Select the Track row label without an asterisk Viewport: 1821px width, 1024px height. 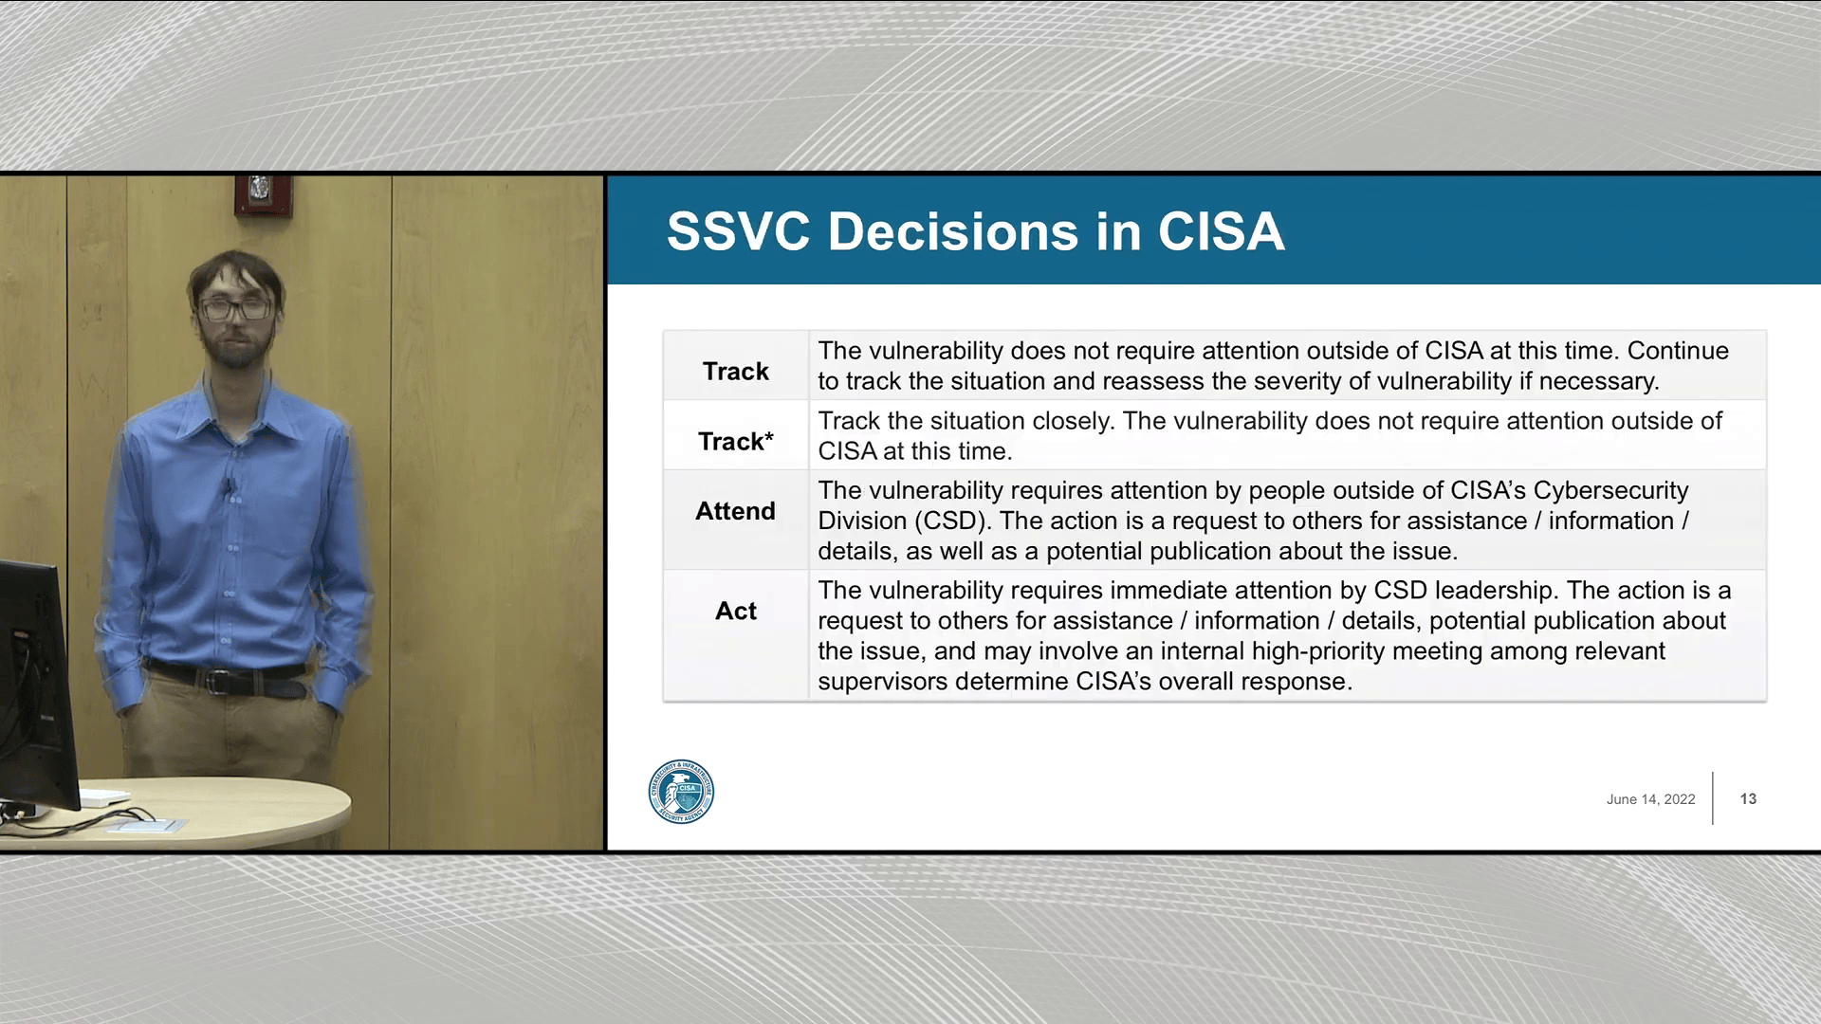(735, 371)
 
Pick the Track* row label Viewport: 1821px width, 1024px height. (736, 441)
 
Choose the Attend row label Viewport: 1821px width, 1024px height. (735, 511)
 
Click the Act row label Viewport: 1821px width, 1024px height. (735, 611)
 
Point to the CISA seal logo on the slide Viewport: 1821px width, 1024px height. (681, 792)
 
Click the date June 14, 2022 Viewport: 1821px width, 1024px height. (1650, 799)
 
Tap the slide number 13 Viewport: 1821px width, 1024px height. (1748, 798)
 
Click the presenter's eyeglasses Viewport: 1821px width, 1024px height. (234, 308)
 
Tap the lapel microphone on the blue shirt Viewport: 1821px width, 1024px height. (228, 488)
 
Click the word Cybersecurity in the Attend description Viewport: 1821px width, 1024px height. (1610, 491)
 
